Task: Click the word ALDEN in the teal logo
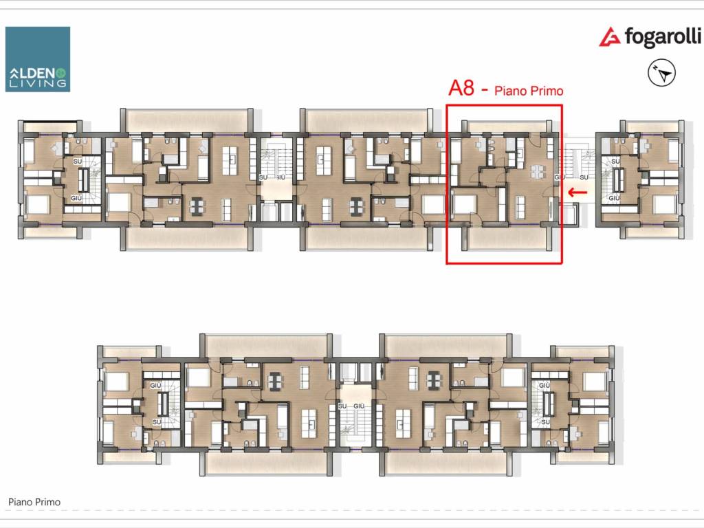(x=33, y=73)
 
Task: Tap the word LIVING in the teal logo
(x=38, y=83)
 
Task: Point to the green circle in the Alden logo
(x=62, y=72)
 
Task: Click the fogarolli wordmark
(x=663, y=37)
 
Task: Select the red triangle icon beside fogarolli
(x=610, y=37)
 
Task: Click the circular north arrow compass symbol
(x=662, y=73)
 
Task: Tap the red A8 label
(x=461, y=88)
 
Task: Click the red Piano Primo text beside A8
(x=529, y=91)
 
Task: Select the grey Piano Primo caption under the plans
(x=34, y=502)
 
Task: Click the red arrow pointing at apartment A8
(x=577, y=192)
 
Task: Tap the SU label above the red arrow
(x=584, y=178)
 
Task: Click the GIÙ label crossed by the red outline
(x=560, y=177)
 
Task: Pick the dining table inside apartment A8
(x=537, y=171)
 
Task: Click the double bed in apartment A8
(x=464, y=206)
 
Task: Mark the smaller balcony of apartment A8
(x=507, y=126)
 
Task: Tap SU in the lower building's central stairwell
(x=342, y=406)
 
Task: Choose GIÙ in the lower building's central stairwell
(x=359, y=406)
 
